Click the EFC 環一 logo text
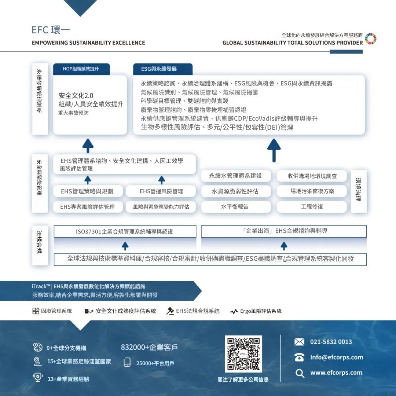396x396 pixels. [x=51, y=30]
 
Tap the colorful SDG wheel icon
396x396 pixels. [x=370, y=39]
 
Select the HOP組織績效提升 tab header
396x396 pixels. [x=81, y=69]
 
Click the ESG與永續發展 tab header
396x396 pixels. [x=163, y=69]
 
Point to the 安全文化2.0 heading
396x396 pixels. [x=76, y=96]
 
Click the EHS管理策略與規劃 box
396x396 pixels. [x=88, y=191]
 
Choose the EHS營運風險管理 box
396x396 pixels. [x=161, y=191]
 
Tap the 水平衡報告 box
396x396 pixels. [x=235, y=206]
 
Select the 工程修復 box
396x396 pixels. [x=312, y=206]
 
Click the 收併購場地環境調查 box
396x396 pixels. [x=312, y=176]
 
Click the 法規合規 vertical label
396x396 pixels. [x=40, y=242]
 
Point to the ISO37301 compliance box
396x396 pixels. [x=125, y=231]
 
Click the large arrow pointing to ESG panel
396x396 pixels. [x=274, y=150]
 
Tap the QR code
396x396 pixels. [x=243, y=354]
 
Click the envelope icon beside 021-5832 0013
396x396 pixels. [x=299, y=342]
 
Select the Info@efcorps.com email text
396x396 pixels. [x=337, y=357]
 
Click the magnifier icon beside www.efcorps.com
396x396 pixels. [x=300, y=373]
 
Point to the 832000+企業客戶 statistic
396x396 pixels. [x=149, y=347]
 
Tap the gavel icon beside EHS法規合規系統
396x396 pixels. [x=170, y=311]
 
